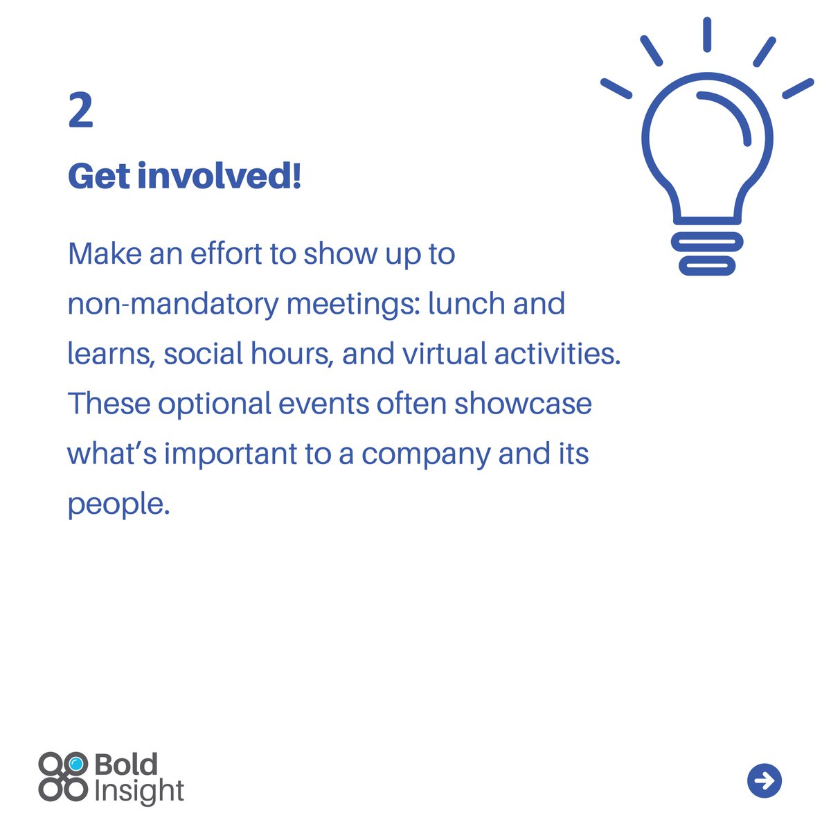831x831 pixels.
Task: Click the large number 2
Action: click(x=81, y=110)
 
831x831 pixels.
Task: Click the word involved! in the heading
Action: click(x=220, y=176)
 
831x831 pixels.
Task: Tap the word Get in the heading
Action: click(x=99, y=177)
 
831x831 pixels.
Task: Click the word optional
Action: click(x=214, y=404)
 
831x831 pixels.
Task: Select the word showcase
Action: click(x=523, y=404)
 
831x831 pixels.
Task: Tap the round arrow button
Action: click(x=764, y=781)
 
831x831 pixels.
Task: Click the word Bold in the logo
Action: click(x=125, y=765)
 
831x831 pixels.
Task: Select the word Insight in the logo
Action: click(x=138, y=792)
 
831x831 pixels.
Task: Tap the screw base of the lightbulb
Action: click(x=706, y=252)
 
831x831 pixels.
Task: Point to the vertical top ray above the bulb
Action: click(x=707, y=35)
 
